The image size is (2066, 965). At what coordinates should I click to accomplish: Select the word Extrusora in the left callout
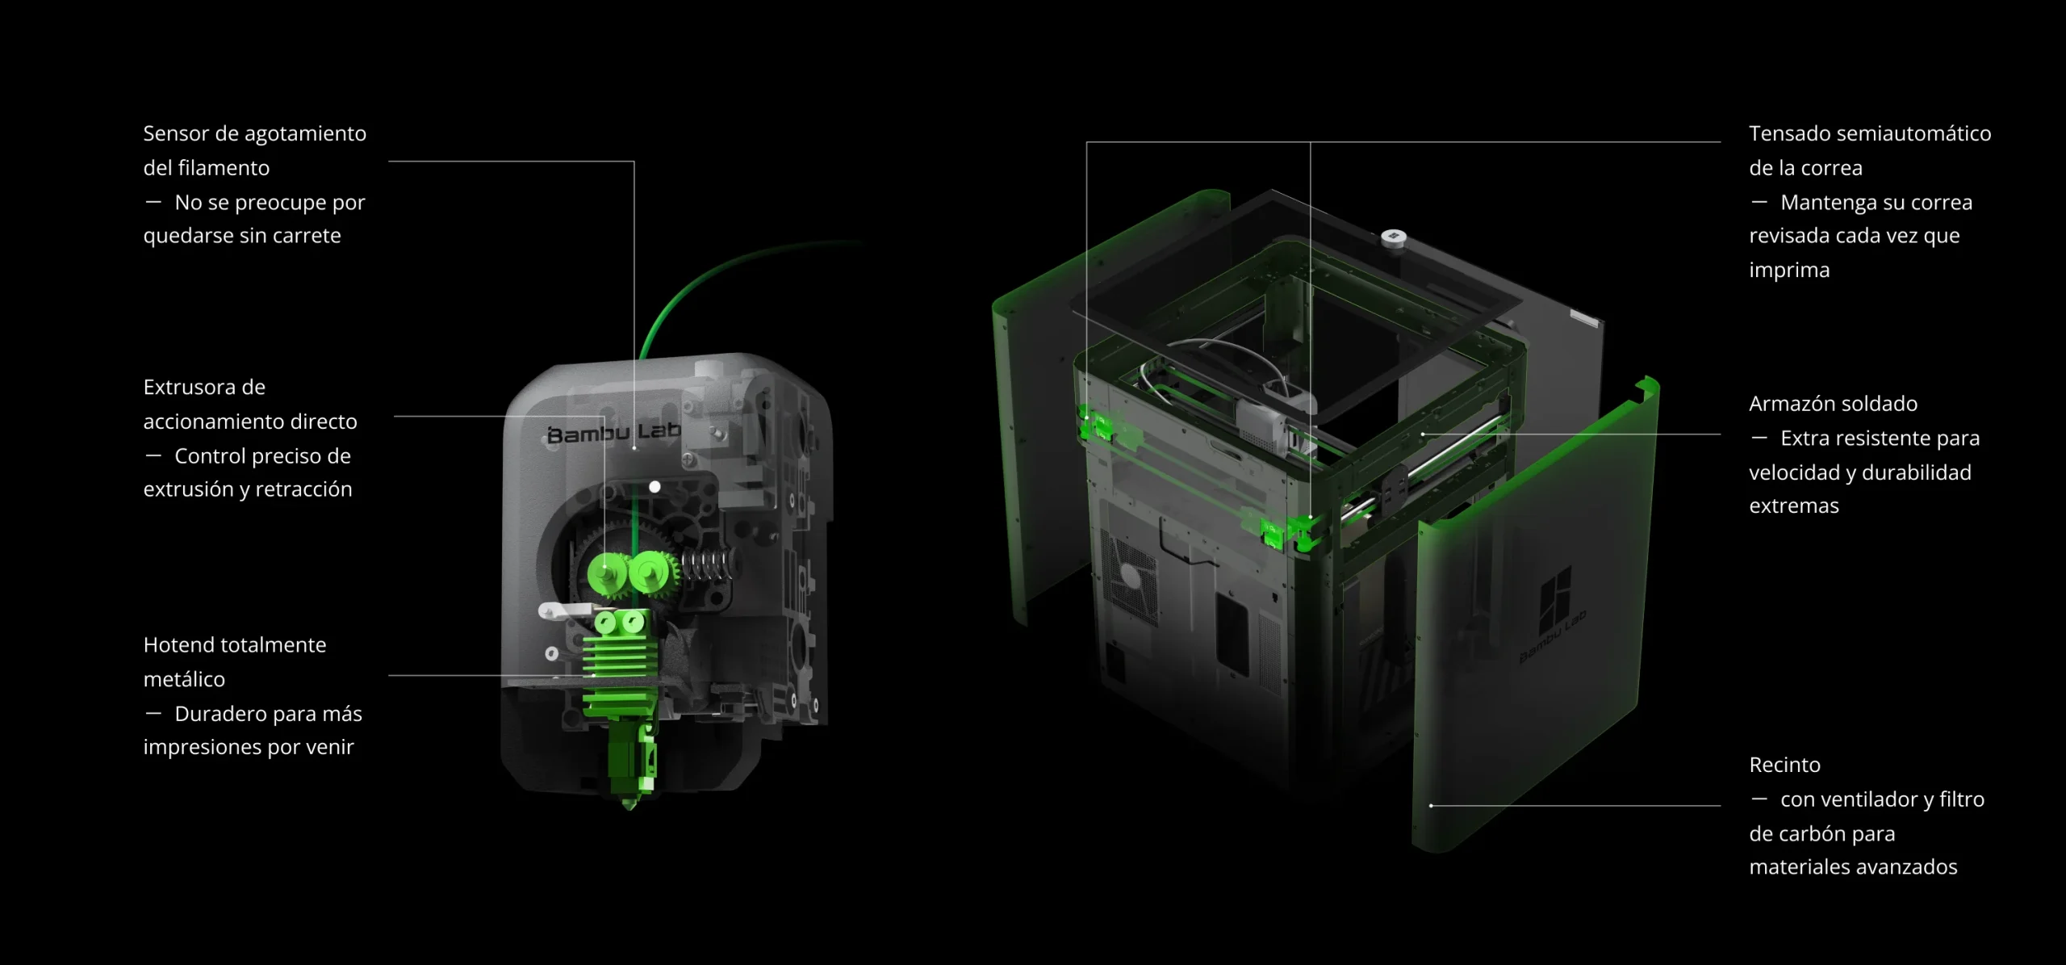(204, 387)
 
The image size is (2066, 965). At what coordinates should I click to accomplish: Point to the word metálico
(184, 679)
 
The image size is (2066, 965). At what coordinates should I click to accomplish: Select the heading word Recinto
(1785, 765)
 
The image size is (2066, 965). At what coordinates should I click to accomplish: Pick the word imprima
(1789, 271)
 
